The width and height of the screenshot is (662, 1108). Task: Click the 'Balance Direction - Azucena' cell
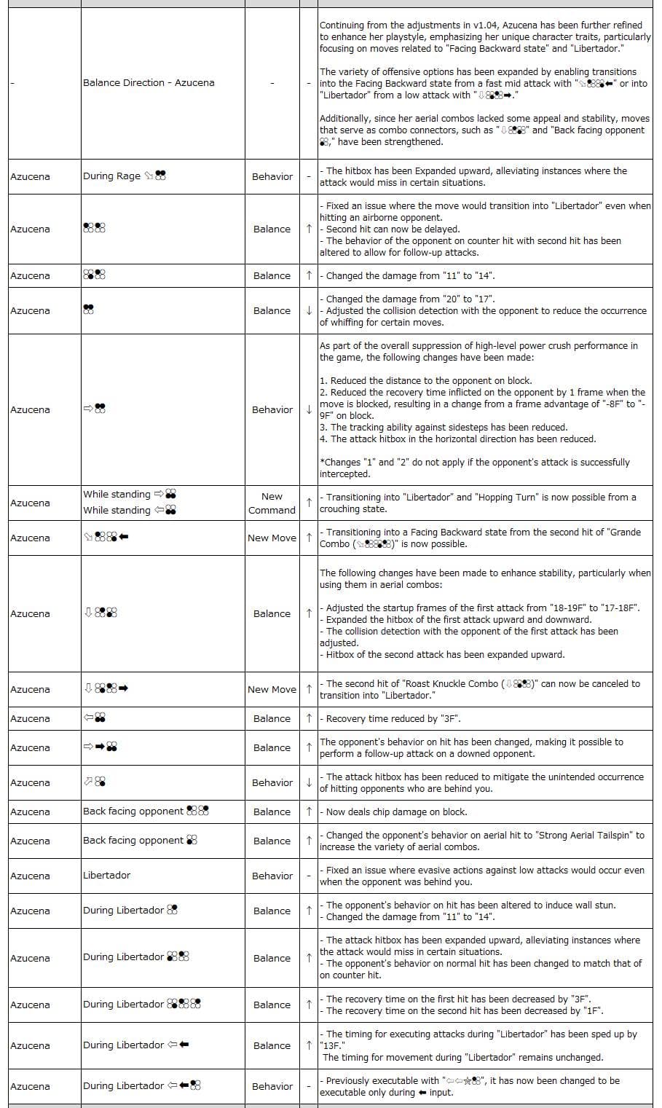point(149,83)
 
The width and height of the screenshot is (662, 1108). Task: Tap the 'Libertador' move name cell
point(106,876)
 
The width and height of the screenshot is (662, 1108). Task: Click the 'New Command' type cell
point(272,503)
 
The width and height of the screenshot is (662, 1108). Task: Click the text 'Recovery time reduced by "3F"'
point(393,719)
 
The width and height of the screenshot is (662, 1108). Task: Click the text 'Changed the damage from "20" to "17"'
point(410,299)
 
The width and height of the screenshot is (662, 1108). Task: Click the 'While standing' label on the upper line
point(117,495)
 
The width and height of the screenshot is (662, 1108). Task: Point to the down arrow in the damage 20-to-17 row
point(309,311)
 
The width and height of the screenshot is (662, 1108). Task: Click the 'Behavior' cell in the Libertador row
point(272,876)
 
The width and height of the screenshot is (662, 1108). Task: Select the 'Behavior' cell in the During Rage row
point(272,177)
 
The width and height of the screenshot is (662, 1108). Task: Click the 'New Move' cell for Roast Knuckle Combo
point(272,690)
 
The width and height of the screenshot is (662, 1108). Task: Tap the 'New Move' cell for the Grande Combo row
point(272,538)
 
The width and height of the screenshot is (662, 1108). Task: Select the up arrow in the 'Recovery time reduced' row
point(309,719)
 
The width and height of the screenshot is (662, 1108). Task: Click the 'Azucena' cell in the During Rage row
point(31,177)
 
